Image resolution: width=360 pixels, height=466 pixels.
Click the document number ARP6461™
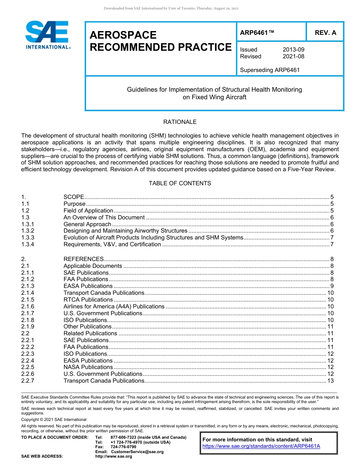[257, 33]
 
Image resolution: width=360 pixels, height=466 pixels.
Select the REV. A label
[325, 33]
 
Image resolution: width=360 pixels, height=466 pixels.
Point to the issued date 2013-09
[293, 50]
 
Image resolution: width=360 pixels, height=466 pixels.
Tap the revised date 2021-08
[293, 56]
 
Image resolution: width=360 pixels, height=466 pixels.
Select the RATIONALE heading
[180, 122]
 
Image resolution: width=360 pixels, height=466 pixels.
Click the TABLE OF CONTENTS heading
[180, 183]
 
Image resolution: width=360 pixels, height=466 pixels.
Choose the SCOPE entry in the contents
[74, 197]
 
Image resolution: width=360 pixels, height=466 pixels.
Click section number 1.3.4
[28, 244]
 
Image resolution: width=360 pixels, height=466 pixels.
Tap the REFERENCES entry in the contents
[83, 259]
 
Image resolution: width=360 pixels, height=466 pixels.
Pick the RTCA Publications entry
[88, 300]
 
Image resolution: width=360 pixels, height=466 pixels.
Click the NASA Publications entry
[88, 367]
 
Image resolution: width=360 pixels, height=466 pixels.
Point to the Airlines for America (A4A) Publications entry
[114, 306]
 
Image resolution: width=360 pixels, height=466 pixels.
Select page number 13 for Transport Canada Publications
[330, 381]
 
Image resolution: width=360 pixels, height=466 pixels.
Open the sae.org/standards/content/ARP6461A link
[261, 446]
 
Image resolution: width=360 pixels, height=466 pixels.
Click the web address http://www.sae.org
[114, 457]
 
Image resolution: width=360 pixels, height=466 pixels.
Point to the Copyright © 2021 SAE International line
[54, 419]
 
